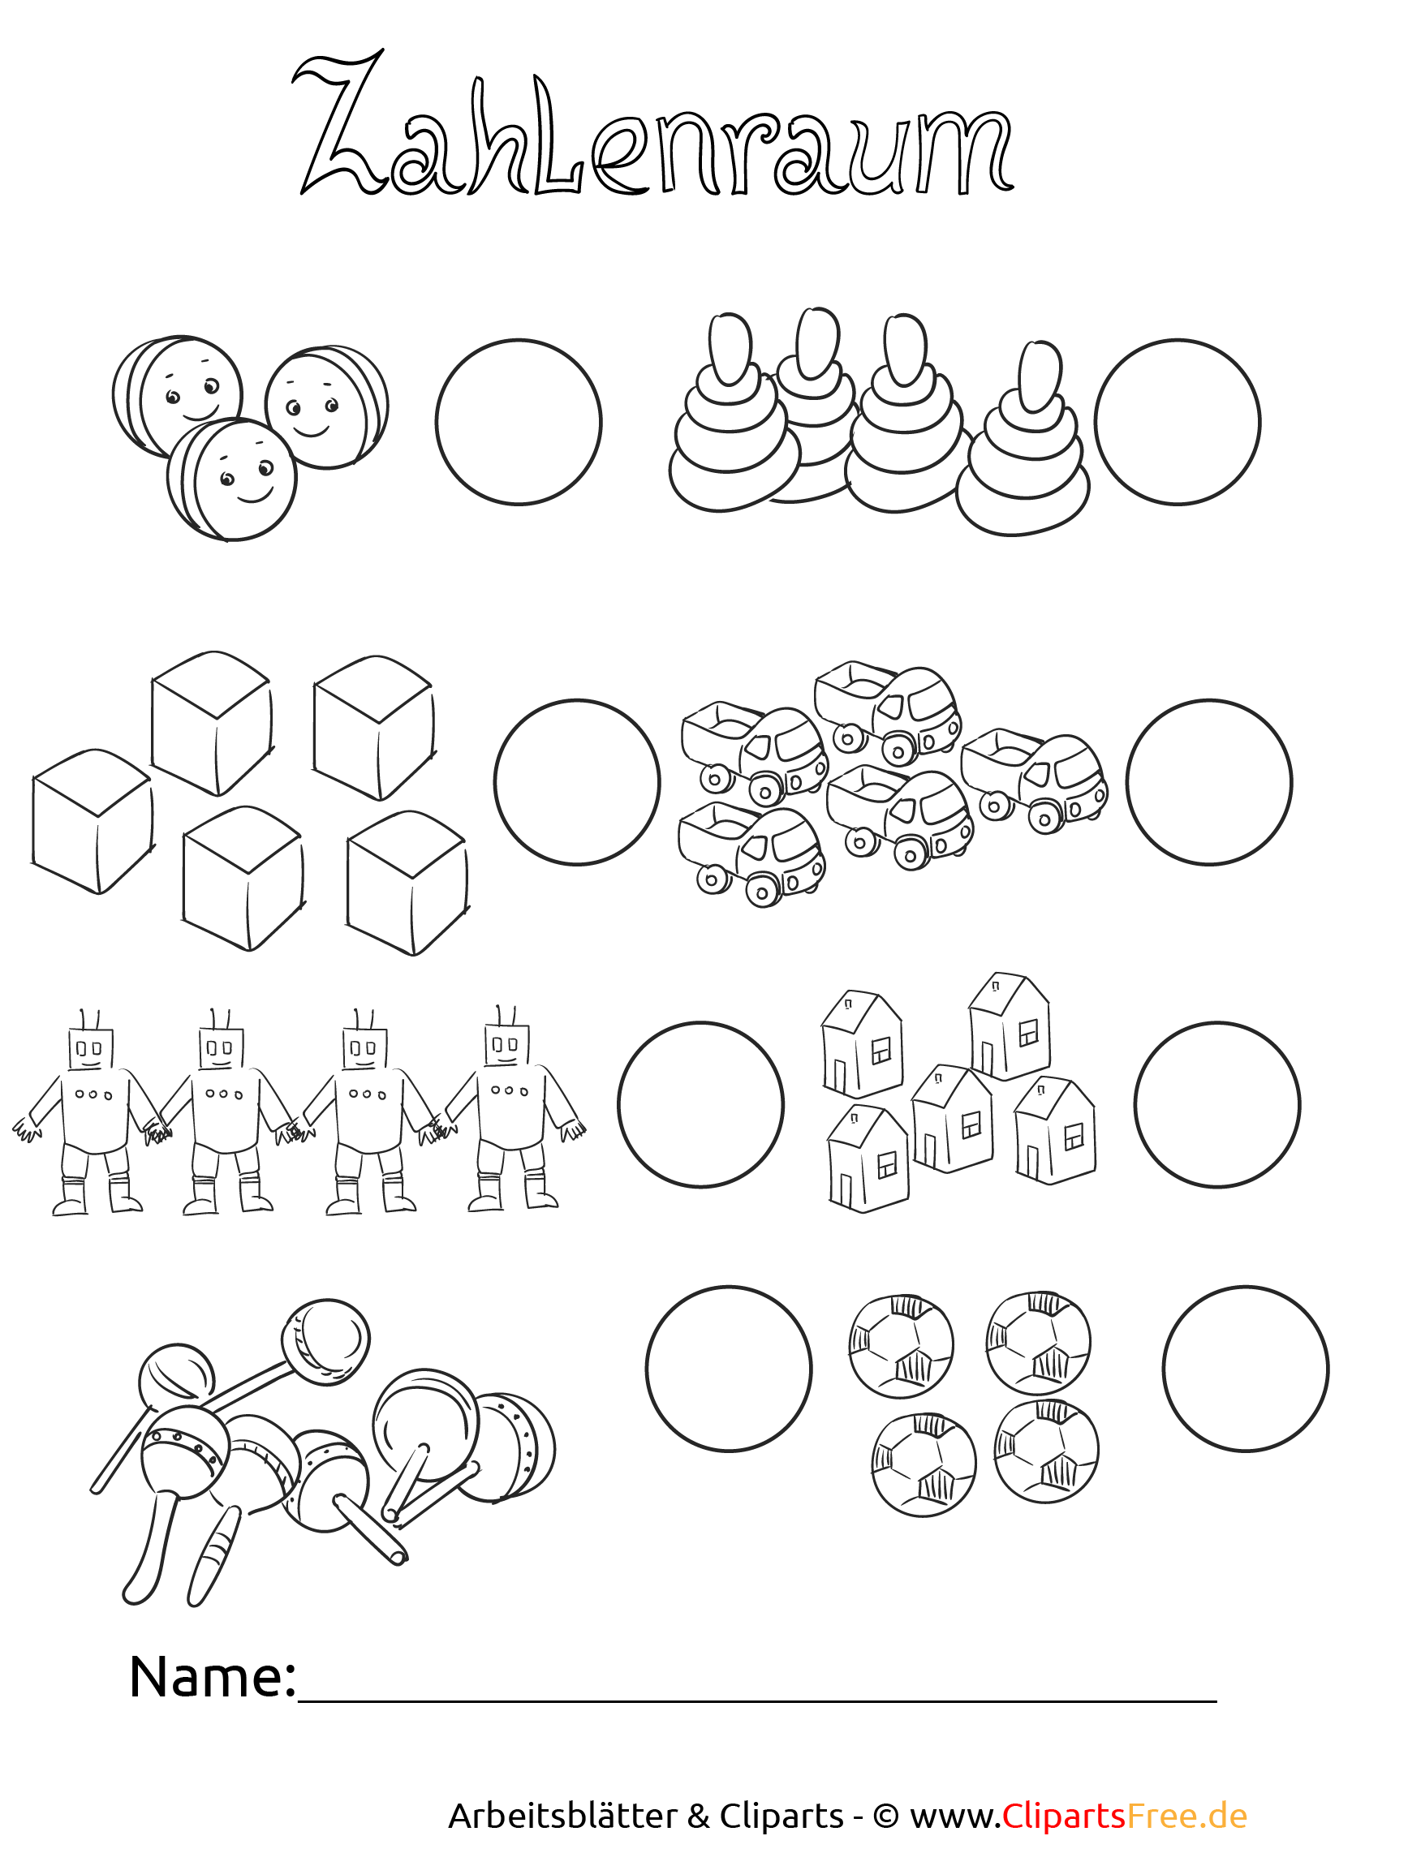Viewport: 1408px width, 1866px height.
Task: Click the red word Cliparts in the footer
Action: (x=1065, y=1816)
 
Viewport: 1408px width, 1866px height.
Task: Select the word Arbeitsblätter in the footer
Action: (x=562, y=1816)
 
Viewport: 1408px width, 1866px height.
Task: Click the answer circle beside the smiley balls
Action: (x=519, y=422)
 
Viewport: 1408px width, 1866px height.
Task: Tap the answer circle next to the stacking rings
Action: (x=1178, y=422)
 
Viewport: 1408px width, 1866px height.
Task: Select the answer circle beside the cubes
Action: (x=577, y=782)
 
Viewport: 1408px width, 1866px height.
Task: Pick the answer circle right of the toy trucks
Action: (x=1209, y=782)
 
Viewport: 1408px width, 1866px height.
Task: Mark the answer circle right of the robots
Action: (x=701, y=1105)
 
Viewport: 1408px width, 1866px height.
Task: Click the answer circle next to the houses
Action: (x=1217, y=1105)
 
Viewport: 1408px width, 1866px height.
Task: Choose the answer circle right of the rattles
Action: (x=729, y=1369)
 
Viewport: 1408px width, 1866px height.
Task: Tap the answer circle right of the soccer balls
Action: (x=1246, y=1369)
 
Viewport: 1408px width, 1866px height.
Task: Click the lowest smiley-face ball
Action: (x=232, y=479)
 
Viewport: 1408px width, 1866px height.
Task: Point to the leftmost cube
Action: (x=93, y=821)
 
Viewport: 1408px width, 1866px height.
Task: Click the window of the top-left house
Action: (x=881, y=1051)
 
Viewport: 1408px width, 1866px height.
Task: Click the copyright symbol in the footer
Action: (x=885, y=1817)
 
